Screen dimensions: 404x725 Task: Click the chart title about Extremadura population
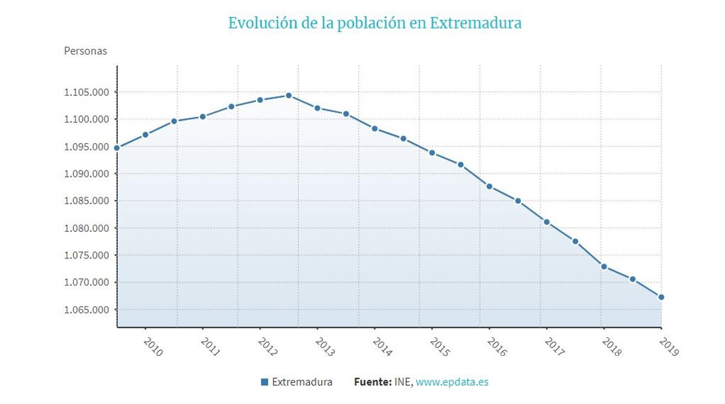(375, 24)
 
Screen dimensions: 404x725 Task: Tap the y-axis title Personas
(85, 51)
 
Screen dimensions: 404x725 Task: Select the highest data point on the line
(288, 95)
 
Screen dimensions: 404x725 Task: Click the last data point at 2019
(661, 297)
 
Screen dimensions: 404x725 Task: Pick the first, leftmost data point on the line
(117, 148)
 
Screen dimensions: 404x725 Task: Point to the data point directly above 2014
(375, 129)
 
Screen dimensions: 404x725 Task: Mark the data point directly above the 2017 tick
(546, 222)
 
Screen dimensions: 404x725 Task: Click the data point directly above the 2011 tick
(202, 117)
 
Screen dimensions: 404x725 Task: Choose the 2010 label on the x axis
(153, 347)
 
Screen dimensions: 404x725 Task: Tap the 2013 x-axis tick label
(325, 347)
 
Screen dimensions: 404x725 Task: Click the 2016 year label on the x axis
(497, 347)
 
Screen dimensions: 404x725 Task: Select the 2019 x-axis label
(669, 347)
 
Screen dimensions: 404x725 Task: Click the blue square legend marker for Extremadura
(264, 382)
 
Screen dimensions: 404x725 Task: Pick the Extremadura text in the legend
(302, 382)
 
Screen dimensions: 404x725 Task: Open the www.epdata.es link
(452, 382)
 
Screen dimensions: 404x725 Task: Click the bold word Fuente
(372, 382)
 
